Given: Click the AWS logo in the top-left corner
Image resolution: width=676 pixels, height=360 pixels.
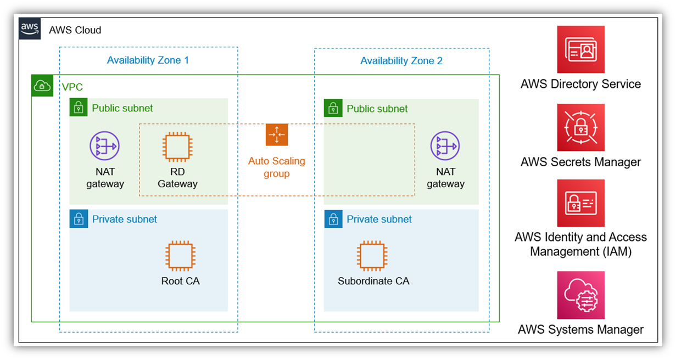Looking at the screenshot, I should pyautogui.click(x=29, y=29).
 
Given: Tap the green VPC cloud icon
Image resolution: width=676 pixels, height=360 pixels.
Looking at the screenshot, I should pyautogui.click(x=42, y=86).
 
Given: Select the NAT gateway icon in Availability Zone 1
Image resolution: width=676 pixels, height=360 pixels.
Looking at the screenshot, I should pyautogui.click(x=104, y=146).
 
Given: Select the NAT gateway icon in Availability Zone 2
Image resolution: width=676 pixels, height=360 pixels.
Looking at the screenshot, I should pyautogui.click(x=445, y=146).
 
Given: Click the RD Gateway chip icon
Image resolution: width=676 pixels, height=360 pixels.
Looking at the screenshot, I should pyautogui.click(x=177, y=146).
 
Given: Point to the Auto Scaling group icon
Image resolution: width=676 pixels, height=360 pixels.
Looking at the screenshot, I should pyautogui.click(x=277, y=134).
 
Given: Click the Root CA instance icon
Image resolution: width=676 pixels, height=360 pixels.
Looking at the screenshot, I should pyautogui.click(x=181, y=256).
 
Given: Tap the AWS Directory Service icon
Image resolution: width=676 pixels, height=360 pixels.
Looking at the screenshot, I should pyautogui.click(x=580, y=49).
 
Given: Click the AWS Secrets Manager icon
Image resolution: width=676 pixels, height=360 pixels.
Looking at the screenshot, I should pyautogui.click(x=580, y=127).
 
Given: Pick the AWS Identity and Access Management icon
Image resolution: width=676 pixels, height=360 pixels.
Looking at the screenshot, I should pyautogui.click(x=580, y=203).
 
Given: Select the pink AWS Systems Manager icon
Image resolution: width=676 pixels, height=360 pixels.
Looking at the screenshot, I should pyautogui.click(x=580, y=295).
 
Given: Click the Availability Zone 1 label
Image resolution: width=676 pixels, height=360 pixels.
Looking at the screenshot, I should pyautogui.click(x=148, y=60).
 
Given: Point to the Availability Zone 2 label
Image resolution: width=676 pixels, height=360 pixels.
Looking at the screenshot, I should pyautogui.click(x=401, y=61).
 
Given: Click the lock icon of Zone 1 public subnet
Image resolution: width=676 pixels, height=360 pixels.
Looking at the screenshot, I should pyautogui.click(x=79, y=108).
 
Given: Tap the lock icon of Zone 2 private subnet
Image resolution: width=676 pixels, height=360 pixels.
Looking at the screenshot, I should pyautogui.click(x=333, y=219).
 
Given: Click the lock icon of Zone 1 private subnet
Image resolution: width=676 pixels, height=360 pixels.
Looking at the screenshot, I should pyautogui.click(x=79, y=219).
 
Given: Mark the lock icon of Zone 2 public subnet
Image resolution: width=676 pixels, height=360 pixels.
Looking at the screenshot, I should pyautogui.click(x=333, y=108).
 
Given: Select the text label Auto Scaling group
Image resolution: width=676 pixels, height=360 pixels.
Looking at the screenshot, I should pyautogui.click(x=276, y=167).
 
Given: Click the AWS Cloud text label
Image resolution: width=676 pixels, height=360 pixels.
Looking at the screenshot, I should pyautogui.click(x=75, y=30).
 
